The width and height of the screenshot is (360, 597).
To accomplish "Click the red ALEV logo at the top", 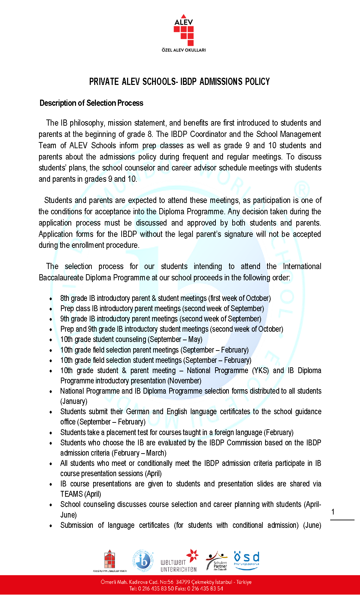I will tap(184, 30).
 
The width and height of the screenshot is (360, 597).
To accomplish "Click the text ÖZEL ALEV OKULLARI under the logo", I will tap(184, 50).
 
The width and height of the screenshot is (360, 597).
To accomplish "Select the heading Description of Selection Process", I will tap(91, 103).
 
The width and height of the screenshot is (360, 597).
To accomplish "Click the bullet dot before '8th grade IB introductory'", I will tap(51, 299).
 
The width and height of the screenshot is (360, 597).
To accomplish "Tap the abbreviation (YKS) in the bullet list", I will tap(260, 371).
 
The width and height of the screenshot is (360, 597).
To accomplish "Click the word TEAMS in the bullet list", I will tap(72, 494).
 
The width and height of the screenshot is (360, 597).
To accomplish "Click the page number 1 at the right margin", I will tap(333, 512).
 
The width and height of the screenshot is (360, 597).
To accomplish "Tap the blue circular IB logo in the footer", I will tap(143, 561).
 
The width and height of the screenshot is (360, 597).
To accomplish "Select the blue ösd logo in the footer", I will tap(247, 560).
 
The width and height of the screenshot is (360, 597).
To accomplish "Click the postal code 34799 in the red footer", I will tap(183, 582).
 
